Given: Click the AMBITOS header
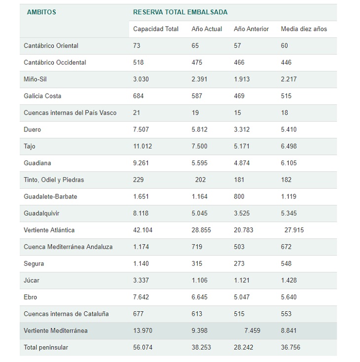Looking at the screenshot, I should (x=41, y=12).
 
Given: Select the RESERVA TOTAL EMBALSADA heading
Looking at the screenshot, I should (x=180, y=12).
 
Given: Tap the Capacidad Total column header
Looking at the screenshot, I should (x=156, y=29).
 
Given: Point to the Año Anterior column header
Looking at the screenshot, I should (x=251, y=29).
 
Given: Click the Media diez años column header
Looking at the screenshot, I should (x=304, y=29).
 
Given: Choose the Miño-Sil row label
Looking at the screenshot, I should (x=36, y=79).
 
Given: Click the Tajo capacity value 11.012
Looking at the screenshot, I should (x=143, y=146).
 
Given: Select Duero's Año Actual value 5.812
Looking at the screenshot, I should (x=200, y=130).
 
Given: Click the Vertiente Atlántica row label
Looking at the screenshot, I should (x=49, y=230).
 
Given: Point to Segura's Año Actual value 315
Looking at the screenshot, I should (x=197, y=263).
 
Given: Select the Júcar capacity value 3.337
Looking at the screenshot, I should (x=141, y=280).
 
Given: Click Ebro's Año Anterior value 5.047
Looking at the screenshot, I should (x=242, y=297).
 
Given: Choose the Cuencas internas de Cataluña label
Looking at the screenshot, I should (x=66, y=314).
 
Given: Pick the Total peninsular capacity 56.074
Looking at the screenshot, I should (x=143, y=347).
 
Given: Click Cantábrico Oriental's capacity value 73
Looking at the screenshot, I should (x=137, y=46).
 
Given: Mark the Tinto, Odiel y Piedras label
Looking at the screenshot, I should (x=54, y=180).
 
